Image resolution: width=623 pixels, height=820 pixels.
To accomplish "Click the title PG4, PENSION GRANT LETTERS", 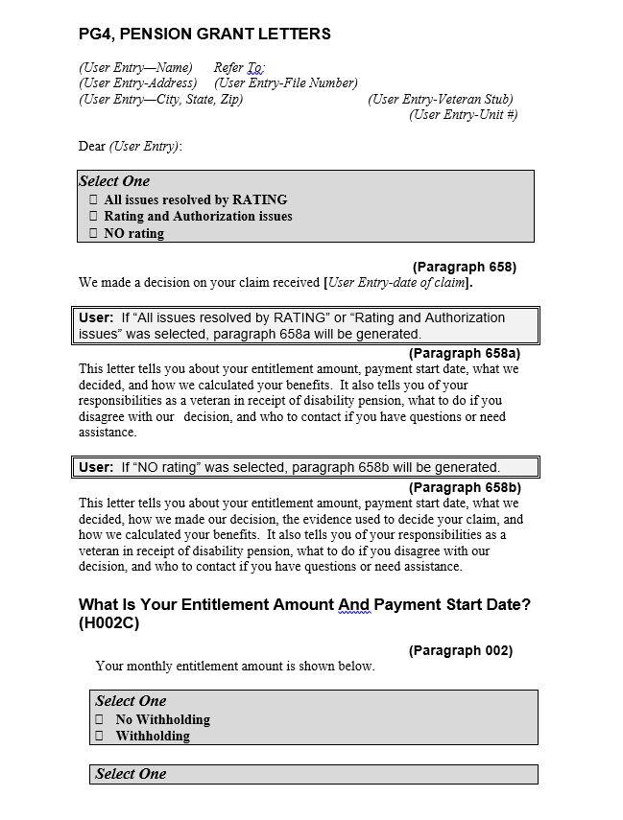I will point(204,35).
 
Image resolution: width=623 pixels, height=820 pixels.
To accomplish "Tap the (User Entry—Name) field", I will point(135,68).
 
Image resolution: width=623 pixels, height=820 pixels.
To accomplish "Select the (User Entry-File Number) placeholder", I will point(286,83).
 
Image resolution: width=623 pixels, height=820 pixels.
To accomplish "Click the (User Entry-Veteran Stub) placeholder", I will point(441,100).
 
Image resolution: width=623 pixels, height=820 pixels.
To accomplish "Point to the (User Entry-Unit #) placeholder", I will point(463,115).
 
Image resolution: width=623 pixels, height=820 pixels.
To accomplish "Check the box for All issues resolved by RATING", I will point(93,200).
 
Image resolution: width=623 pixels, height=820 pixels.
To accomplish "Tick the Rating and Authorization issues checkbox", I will point(93,217).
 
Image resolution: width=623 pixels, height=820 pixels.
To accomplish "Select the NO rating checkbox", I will point(93,233).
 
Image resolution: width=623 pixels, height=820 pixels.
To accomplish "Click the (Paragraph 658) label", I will point(464,267).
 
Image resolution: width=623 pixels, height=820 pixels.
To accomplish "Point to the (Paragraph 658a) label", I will point(464,353).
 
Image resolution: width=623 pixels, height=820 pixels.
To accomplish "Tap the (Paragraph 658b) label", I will point(464,487).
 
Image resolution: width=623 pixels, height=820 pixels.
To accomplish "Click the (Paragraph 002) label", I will point(460,650).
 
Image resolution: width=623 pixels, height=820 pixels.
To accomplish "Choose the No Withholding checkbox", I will point(99,719).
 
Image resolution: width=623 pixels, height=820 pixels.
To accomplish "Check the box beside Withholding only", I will point(99,737).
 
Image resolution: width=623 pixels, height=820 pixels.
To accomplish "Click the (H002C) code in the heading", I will point(112,623).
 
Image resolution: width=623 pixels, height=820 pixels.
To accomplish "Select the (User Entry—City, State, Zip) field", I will point(160,100).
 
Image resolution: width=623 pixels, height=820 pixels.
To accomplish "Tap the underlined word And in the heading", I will point(353,605).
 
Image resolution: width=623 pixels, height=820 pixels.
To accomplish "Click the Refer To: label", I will point(238,68).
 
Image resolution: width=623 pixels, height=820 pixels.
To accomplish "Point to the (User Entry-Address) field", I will point(137,83).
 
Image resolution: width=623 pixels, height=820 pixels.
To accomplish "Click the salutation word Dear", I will point(92,147).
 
